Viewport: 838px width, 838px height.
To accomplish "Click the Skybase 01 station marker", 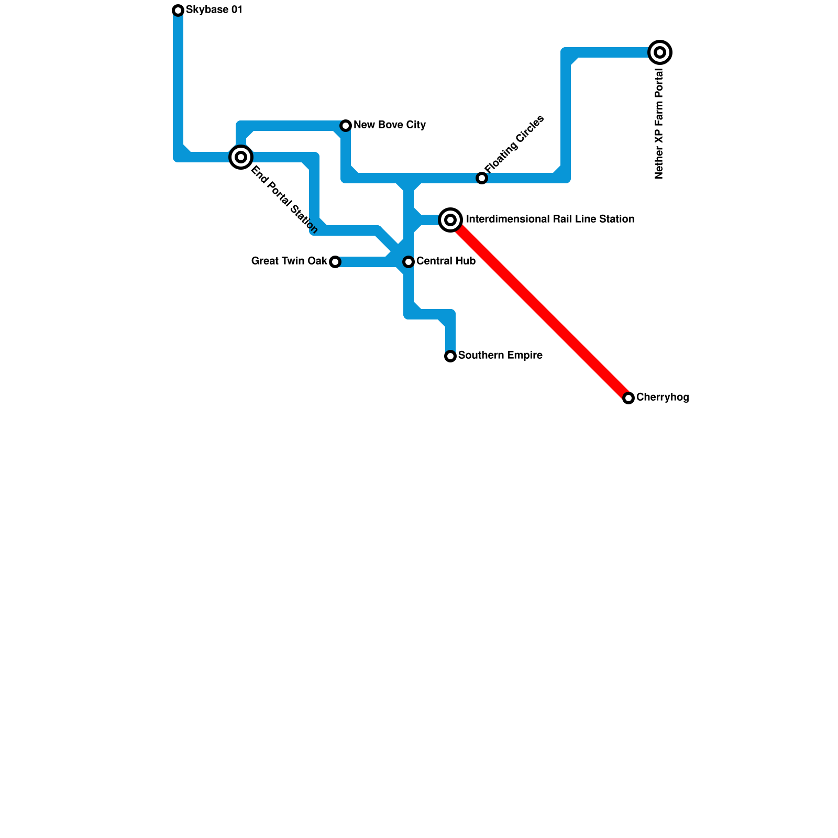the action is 178,10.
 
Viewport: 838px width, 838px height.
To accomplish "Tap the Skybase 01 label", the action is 214,10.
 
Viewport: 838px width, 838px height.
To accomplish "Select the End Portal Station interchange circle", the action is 241,157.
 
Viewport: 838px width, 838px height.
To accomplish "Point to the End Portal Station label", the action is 284,199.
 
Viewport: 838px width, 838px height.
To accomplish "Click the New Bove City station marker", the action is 346,126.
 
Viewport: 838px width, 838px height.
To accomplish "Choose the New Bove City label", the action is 389,125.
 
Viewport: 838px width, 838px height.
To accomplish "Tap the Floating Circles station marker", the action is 482,178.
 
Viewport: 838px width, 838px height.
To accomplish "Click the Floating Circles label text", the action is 514,144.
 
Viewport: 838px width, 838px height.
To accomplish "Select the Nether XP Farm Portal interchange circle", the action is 660,52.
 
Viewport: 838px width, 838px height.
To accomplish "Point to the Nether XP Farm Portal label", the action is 659,124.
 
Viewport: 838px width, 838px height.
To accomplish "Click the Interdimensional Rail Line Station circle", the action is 450,220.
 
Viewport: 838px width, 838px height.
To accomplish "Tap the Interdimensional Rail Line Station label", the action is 550,219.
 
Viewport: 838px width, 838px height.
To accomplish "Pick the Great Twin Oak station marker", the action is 335,262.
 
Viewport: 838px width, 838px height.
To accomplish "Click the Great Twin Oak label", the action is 289,261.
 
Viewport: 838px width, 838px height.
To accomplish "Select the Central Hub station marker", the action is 409,262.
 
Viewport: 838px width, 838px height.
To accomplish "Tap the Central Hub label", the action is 446,261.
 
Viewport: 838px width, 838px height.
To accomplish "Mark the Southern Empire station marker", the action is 450,356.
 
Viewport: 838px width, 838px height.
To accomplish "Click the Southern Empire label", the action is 500,356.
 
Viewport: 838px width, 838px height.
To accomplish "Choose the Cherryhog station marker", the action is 629,398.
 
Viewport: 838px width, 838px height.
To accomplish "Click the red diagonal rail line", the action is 539,309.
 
